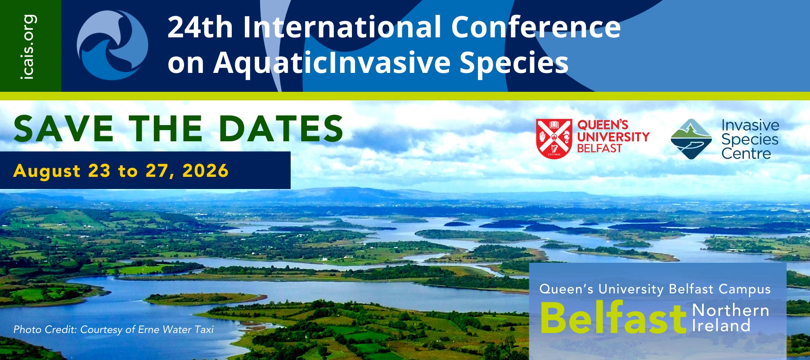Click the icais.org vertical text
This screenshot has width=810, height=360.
click(x=28, y=47)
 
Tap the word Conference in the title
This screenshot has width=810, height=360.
click(x=536, y=27)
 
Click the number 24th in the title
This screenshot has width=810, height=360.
click(x=200, y=27)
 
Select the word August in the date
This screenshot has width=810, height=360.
click(x=47, y=171)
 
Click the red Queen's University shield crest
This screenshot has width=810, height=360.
click(x=554, y=138)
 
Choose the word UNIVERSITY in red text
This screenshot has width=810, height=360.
click(x=613, y=136)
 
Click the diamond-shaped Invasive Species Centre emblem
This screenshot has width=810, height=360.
click(x=691, y=139)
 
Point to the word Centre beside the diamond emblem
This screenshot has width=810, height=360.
click(x=746, y=153)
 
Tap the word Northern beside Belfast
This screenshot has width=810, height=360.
click(x=730, y=310)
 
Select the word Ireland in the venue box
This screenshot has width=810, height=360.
click(x=721, y=325)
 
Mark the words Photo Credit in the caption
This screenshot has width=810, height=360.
click(x=45, y=329)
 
